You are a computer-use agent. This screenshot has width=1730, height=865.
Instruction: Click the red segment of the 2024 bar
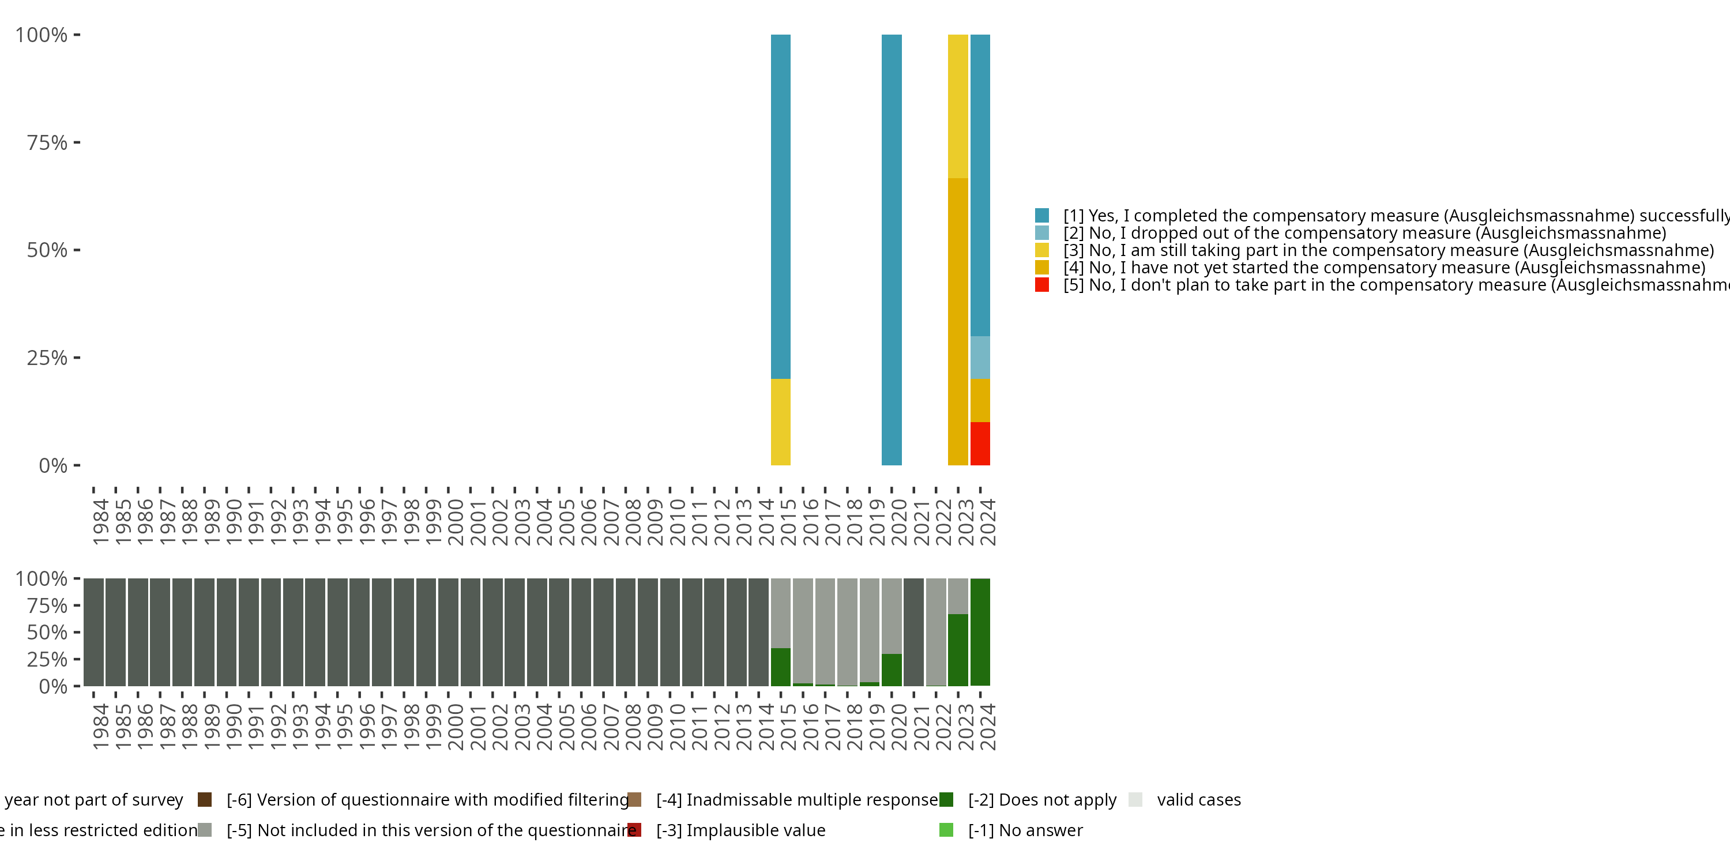click(x=980, y=443)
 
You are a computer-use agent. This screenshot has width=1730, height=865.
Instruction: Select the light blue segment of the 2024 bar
click(x=980, y=358)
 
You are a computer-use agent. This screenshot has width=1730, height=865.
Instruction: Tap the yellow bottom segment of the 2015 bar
click(x=780, y=422)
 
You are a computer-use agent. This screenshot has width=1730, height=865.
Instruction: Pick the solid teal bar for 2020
click(x=891, y=250)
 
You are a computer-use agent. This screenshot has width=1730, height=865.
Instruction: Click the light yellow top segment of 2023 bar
click(x=958, y=106)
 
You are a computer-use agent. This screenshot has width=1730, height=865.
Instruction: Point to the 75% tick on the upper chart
click(x=77, y=142)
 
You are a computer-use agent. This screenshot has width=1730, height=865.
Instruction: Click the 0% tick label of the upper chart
click(x=53, y=465)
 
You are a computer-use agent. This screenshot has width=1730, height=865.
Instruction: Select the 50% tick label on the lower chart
click(x=47, y=633)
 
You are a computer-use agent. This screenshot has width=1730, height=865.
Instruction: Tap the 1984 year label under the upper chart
click(x=101, y=522)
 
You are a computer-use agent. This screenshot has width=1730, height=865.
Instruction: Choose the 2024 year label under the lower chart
click(x=987, y=727)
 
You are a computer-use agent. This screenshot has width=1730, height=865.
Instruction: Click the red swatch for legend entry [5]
click(x=1041, y=285)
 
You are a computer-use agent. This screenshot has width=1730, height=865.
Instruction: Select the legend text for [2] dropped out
click(x=1364, y=233)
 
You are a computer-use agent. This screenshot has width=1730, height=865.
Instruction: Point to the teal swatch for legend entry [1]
click(x=1041, y=216)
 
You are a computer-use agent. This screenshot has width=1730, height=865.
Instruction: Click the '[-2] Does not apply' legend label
click(x=1041, y=800)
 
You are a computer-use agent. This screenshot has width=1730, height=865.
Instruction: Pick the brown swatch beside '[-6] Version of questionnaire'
click(x=205, y=800)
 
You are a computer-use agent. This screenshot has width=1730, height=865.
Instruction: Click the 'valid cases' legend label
click(x=1198, y=800)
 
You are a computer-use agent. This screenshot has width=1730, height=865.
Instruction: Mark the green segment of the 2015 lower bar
click(x=780, y=667)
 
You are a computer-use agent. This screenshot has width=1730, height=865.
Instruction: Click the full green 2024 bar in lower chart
click(x=980, y=632)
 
